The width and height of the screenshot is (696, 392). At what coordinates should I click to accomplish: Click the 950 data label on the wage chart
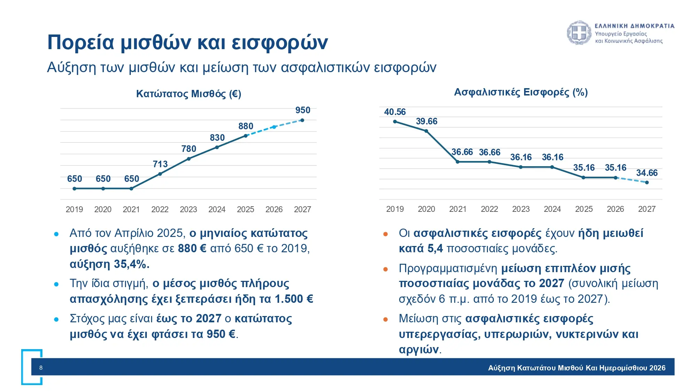[x=302, y=110]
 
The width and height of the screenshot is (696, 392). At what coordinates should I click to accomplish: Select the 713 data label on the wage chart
[x=160, y=164]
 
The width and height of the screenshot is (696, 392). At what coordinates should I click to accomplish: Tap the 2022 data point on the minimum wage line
[x=160, y=174]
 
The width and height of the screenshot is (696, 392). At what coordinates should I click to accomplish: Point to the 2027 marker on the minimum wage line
[x=302, y=120]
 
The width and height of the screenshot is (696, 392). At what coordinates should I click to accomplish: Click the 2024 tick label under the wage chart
[x=217, y=209]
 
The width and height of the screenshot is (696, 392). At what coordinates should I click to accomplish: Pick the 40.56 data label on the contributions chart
[x=395, y=112]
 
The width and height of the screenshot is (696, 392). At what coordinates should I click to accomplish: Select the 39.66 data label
[x=426, y=121]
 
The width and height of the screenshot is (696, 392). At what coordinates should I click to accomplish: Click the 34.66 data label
[x=647, y=173]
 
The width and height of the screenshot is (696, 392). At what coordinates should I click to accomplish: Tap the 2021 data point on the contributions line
[x=458, y=162]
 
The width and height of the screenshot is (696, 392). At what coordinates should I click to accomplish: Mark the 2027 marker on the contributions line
[x=647, y=182]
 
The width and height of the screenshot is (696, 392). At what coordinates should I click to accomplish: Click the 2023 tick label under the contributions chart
[x=521, y=209]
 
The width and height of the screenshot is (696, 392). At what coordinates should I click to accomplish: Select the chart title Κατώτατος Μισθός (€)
[x=188, y=94]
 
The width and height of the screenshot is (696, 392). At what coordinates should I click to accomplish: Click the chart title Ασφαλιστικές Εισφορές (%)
[x=521, y=92]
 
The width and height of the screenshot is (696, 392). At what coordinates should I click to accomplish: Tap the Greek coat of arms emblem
[x=579, y=33]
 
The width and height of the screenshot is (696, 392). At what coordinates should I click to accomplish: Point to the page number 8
[x=41, y=368]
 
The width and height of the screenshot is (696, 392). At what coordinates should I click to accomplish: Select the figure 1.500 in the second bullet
[x=289, y=299]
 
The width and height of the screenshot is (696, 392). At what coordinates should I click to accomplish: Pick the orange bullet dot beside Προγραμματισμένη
[x=385, y=269]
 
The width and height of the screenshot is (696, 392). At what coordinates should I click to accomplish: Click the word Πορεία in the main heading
[x=81, y=43]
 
